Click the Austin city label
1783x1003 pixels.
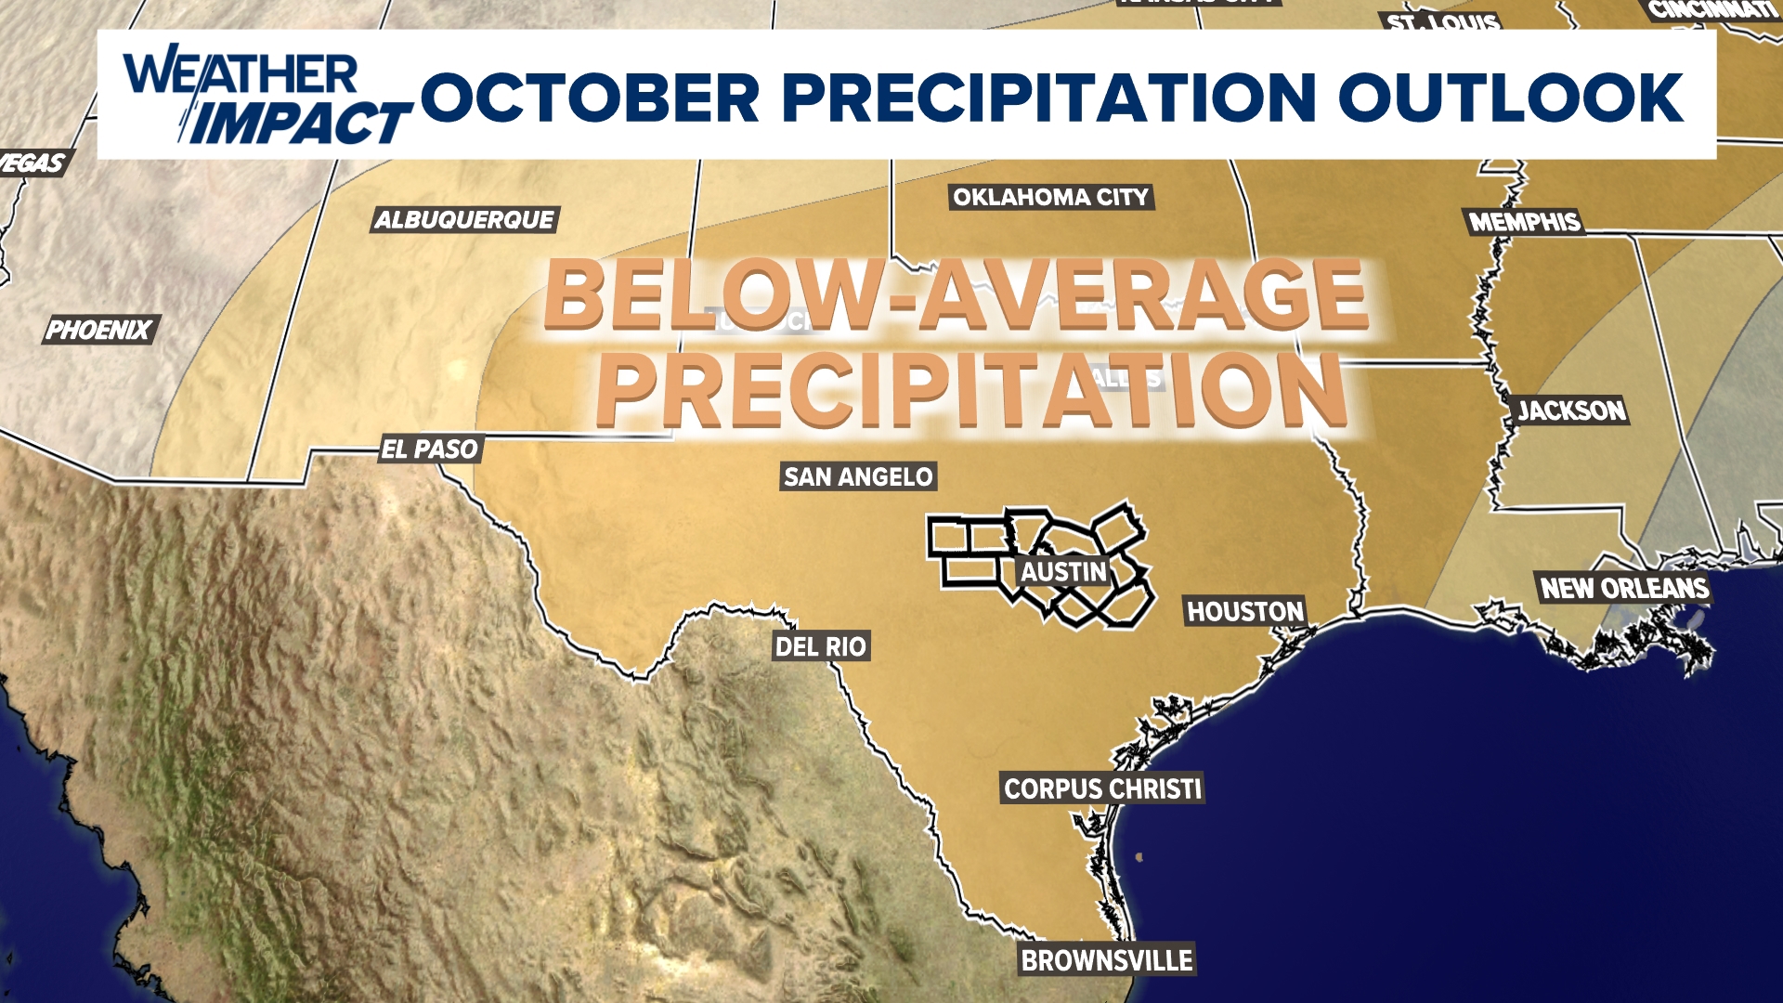point(1064,571)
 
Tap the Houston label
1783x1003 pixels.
point(1245,611)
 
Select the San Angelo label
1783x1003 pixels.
point(858,476)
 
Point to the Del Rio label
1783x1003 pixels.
point(821,646)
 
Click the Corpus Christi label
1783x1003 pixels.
point(1102,788)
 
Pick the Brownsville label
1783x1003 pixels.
point(1107,960)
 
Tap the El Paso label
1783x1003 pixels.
point(430,449)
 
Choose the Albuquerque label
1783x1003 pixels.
point(464,220)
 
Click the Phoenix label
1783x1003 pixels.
point(99,330)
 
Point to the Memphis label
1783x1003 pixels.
point(1525,222)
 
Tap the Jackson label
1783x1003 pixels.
point(1571,410)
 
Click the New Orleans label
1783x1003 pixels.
point(1625,588)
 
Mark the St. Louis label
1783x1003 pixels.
point(1442,20)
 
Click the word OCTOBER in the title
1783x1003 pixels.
point(591,98)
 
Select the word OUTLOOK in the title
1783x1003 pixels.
point(1511,98)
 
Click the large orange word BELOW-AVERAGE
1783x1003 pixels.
point(956,295)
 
